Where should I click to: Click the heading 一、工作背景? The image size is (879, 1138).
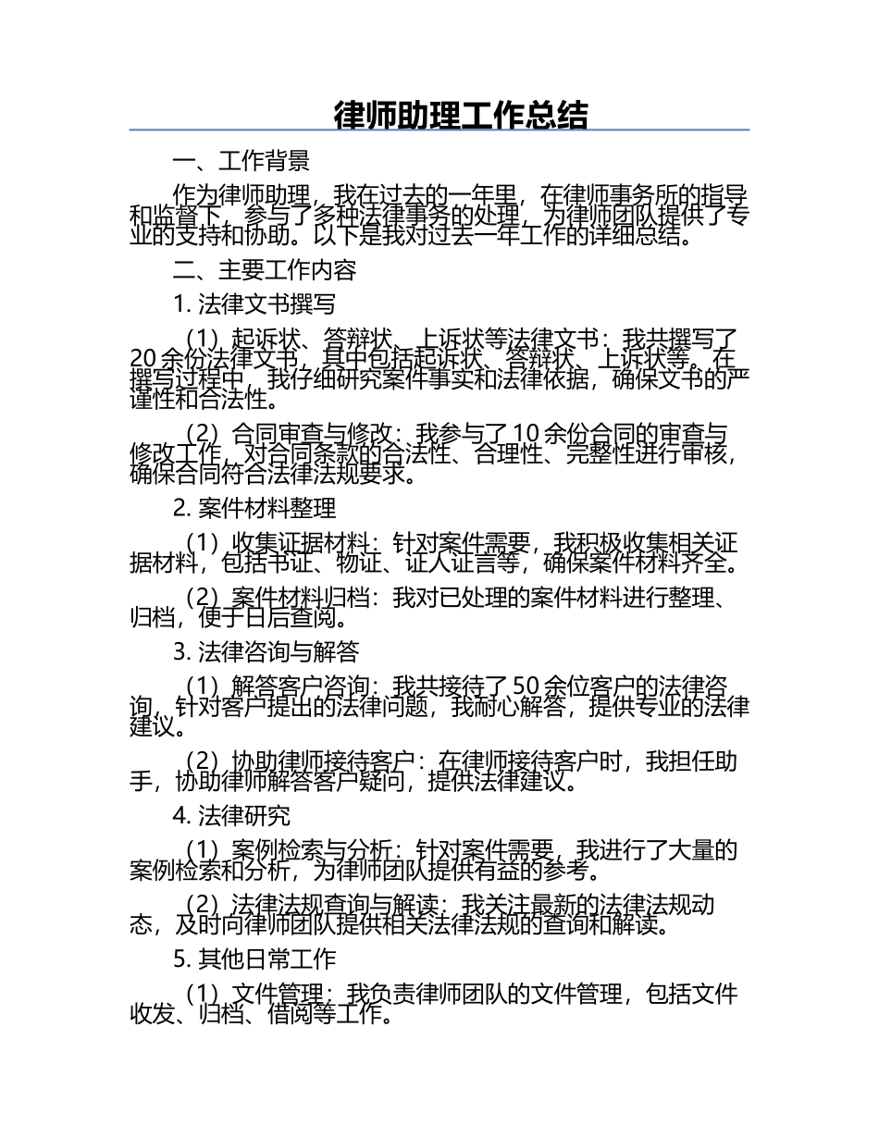[x=241, y=161]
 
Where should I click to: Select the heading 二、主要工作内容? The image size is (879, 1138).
[x=264, y=270]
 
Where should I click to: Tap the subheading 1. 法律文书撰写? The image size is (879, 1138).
[x=254, y=304]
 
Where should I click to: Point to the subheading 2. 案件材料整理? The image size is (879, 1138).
[x=254, y=507]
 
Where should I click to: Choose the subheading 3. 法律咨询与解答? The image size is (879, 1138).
[x=266, y=652]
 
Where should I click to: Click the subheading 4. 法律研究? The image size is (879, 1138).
[x=231, y=815]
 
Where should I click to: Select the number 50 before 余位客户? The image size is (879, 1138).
[x=525, y=687]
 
